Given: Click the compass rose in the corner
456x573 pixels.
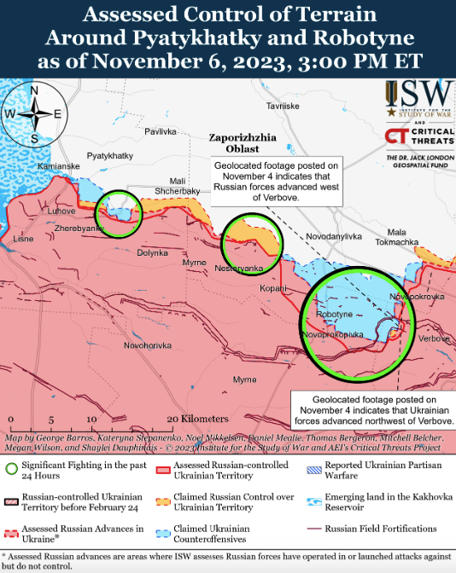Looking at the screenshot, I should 33,113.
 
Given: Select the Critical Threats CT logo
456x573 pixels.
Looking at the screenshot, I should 395,136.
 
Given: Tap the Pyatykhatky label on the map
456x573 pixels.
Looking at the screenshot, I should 110,155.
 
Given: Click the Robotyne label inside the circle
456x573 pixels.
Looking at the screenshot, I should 333,315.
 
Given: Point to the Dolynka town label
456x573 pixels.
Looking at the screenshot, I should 153,252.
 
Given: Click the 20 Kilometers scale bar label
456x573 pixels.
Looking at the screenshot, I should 197,419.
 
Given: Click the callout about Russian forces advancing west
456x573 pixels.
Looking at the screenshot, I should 276,182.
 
